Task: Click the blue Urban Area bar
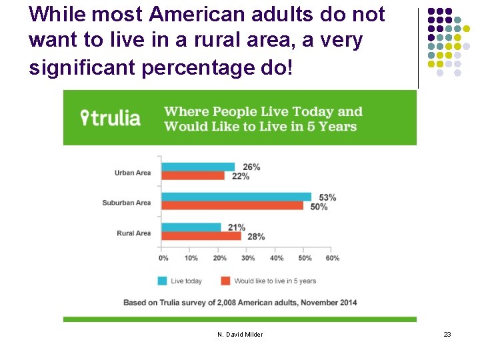[x=198, y=167]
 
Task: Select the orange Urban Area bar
[x=193, y=175]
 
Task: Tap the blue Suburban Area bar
[x=236, y=197]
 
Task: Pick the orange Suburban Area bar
[x=232, y=205]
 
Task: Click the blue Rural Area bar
[x=191, y=227]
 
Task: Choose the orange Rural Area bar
[x=201, y=236]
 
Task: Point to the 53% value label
[x=327, y=197]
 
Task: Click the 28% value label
[x=256, y=237]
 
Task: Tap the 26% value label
[x=251, y=167]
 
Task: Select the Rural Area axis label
[x=133, y=233]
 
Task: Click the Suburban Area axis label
[x=127, y=203]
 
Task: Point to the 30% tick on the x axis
[x=248, y=258]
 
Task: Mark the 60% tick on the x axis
[x=333, y=258]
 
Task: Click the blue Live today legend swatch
[x=162, y=281]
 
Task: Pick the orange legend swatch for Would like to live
[x=225, y=281]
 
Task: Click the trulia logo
[x=111, y=118]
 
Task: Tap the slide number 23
[x=447, y=334]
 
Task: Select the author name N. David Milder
[x=240, y=334]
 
